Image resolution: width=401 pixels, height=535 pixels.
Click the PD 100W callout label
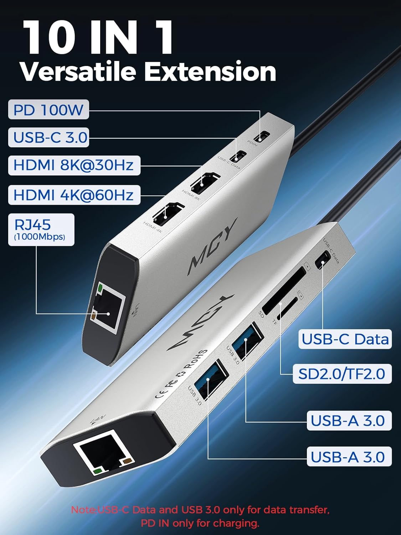click(x=48, y=109)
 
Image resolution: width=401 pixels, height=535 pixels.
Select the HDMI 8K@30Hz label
click(x=74, y=165)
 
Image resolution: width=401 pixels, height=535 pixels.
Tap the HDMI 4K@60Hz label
click(x=74, y=195)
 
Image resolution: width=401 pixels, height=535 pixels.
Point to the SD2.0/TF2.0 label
click(x=342, y=373)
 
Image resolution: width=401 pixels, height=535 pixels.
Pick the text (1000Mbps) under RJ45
click(x=40, y=236)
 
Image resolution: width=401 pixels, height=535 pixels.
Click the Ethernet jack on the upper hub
click(x=108, y=304)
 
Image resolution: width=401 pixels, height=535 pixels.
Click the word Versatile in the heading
click(x=78, y=72)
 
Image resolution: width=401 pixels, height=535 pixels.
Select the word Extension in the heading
click(x=210, y=72)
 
